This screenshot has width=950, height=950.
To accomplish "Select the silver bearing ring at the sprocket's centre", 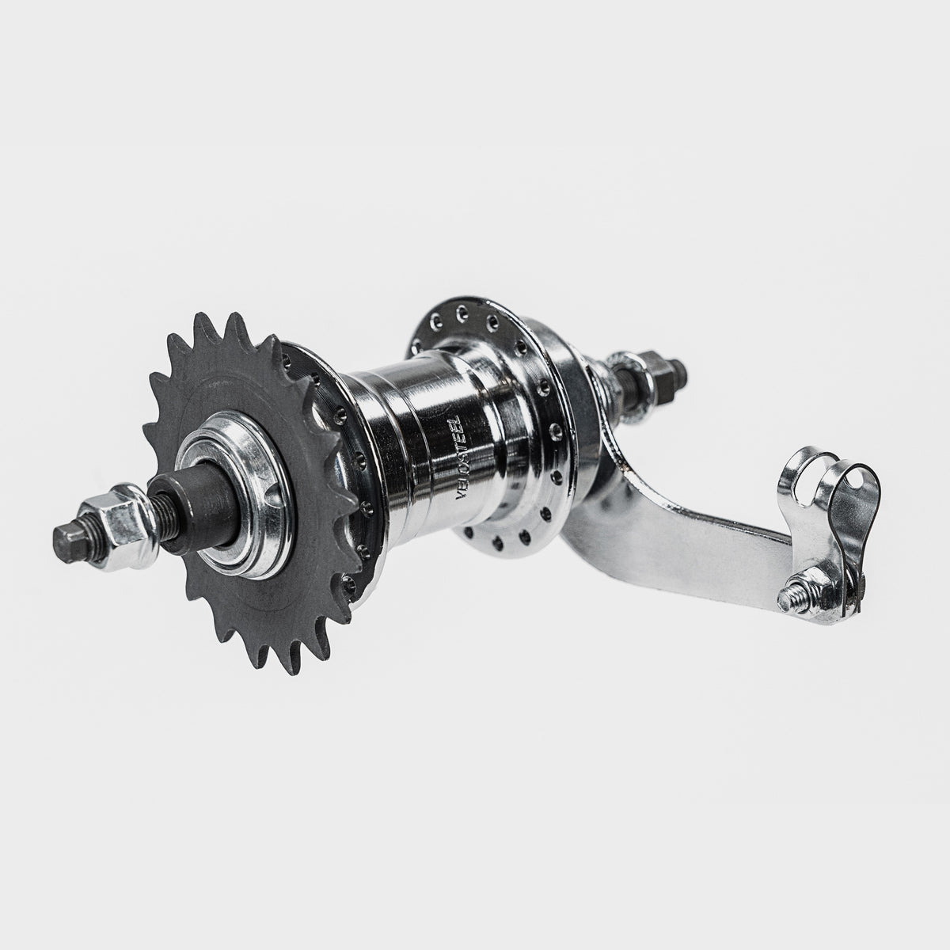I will pos(230,475).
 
